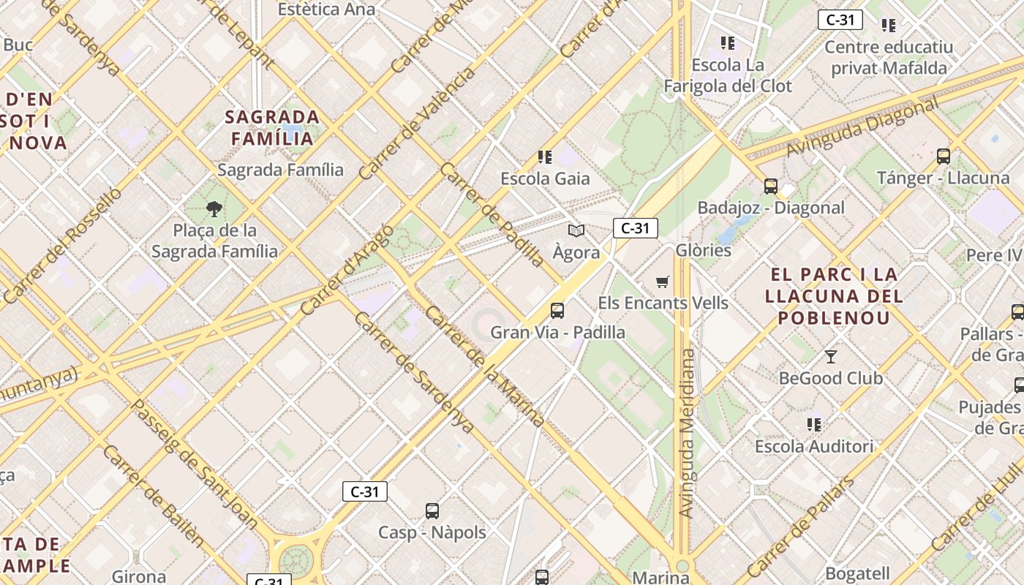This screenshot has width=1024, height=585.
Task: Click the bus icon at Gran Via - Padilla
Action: click(557, 311)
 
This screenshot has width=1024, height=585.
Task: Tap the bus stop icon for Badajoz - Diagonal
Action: click(771, 186)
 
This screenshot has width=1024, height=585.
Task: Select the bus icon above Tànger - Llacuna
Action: click(944, 156)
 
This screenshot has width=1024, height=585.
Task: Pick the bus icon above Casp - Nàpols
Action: click(432, 510)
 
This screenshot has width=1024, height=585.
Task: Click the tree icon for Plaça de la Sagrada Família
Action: click(214, 210)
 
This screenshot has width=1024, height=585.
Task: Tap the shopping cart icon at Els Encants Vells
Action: click(663, 282)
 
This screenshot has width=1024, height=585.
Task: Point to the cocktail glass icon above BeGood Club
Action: click(831, 357)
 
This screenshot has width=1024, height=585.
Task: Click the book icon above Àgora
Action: click(576, 231)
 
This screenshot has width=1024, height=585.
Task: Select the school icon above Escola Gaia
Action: click(545, 156)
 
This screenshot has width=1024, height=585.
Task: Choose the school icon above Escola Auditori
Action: click(814, 424)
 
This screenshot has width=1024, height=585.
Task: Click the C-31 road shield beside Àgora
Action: click(635, 228)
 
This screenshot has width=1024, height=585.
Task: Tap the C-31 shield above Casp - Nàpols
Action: click(364, 491)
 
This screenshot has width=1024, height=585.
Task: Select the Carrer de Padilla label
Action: click(492, 214)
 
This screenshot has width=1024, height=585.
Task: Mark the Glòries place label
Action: click(703, 250)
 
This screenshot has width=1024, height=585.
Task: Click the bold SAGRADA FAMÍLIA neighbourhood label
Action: click(272, 127)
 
